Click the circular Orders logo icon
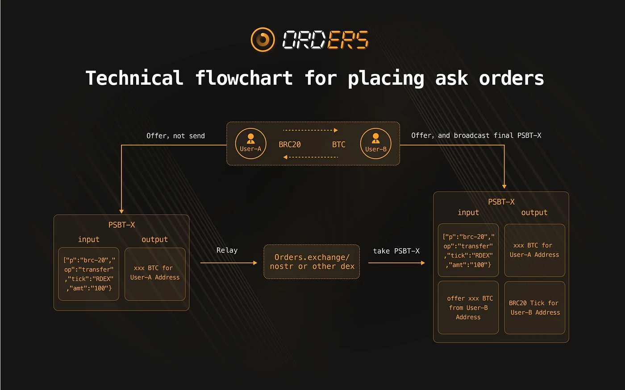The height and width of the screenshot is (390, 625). [262, 40]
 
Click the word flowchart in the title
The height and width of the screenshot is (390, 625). [244, 78]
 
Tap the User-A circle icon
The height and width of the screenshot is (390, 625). [250, 144]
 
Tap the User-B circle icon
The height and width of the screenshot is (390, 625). [375, 144]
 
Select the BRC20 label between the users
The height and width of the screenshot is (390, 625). [290, 144]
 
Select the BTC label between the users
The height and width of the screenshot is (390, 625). [339, 144]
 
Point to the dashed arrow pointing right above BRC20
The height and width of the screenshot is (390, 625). [310, 130]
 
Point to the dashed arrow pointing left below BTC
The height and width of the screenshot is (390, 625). [310, 157]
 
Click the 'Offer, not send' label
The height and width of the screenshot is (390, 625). [175, 136]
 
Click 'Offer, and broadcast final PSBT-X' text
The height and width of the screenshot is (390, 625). [476, 135]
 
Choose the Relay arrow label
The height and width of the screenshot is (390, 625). [227, 250]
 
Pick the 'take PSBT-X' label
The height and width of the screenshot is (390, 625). [396, 251]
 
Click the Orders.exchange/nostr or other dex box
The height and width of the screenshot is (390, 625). [312, 262]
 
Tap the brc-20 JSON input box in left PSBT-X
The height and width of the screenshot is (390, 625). [88, 274]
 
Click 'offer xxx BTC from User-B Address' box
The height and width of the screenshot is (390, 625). [468, 308]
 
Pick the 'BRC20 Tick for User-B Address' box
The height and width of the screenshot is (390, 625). [535, 308]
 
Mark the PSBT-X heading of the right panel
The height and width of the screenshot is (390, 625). [501, 201]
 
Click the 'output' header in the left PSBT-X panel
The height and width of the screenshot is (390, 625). [154, 239]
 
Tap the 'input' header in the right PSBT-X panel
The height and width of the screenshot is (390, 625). [468, 213]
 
